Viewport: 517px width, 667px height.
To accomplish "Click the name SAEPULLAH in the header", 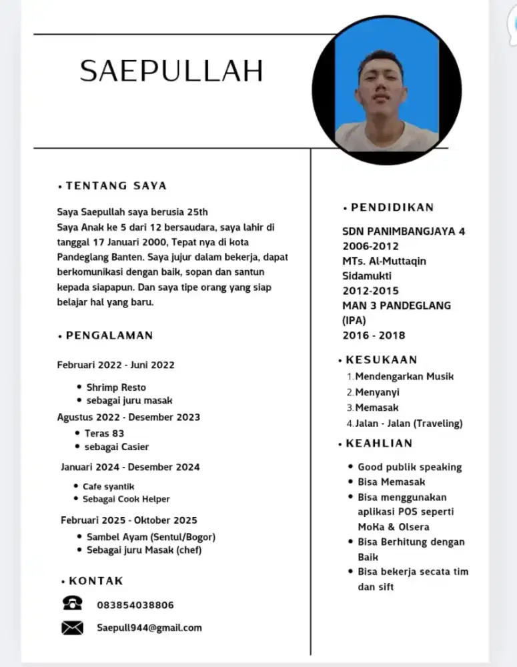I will click(171, 70).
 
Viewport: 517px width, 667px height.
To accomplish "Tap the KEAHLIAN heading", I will click(379, 443).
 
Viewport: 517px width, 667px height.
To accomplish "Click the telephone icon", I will click(72, 604).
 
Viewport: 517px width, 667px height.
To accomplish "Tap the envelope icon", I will click(72, 628).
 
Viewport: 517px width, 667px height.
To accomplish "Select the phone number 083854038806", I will click(135, 605).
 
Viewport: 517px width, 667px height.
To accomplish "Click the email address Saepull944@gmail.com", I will click(149, 628).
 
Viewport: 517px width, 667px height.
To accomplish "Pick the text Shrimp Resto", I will click(116, 387).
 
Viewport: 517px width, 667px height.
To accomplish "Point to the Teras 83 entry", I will click(104, 433).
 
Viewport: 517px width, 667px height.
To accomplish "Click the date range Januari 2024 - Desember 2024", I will click(130, 467).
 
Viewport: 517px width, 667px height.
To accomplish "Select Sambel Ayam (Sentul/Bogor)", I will click(151, 536).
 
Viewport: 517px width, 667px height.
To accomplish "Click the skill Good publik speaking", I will click(410, 467).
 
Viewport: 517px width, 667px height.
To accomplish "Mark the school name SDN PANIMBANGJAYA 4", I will click(404, 231).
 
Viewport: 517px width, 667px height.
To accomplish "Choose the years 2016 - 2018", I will click(374, 335).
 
